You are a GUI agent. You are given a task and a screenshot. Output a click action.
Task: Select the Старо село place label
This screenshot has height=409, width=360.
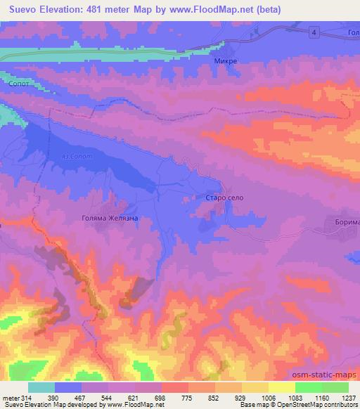224,199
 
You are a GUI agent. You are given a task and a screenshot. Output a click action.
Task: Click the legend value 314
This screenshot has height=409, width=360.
27,398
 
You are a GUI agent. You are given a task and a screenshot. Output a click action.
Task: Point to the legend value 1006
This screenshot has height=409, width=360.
269,398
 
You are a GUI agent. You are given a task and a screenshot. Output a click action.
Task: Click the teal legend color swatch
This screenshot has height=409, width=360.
41,387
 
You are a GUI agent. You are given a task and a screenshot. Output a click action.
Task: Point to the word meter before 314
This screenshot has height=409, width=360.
10,398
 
